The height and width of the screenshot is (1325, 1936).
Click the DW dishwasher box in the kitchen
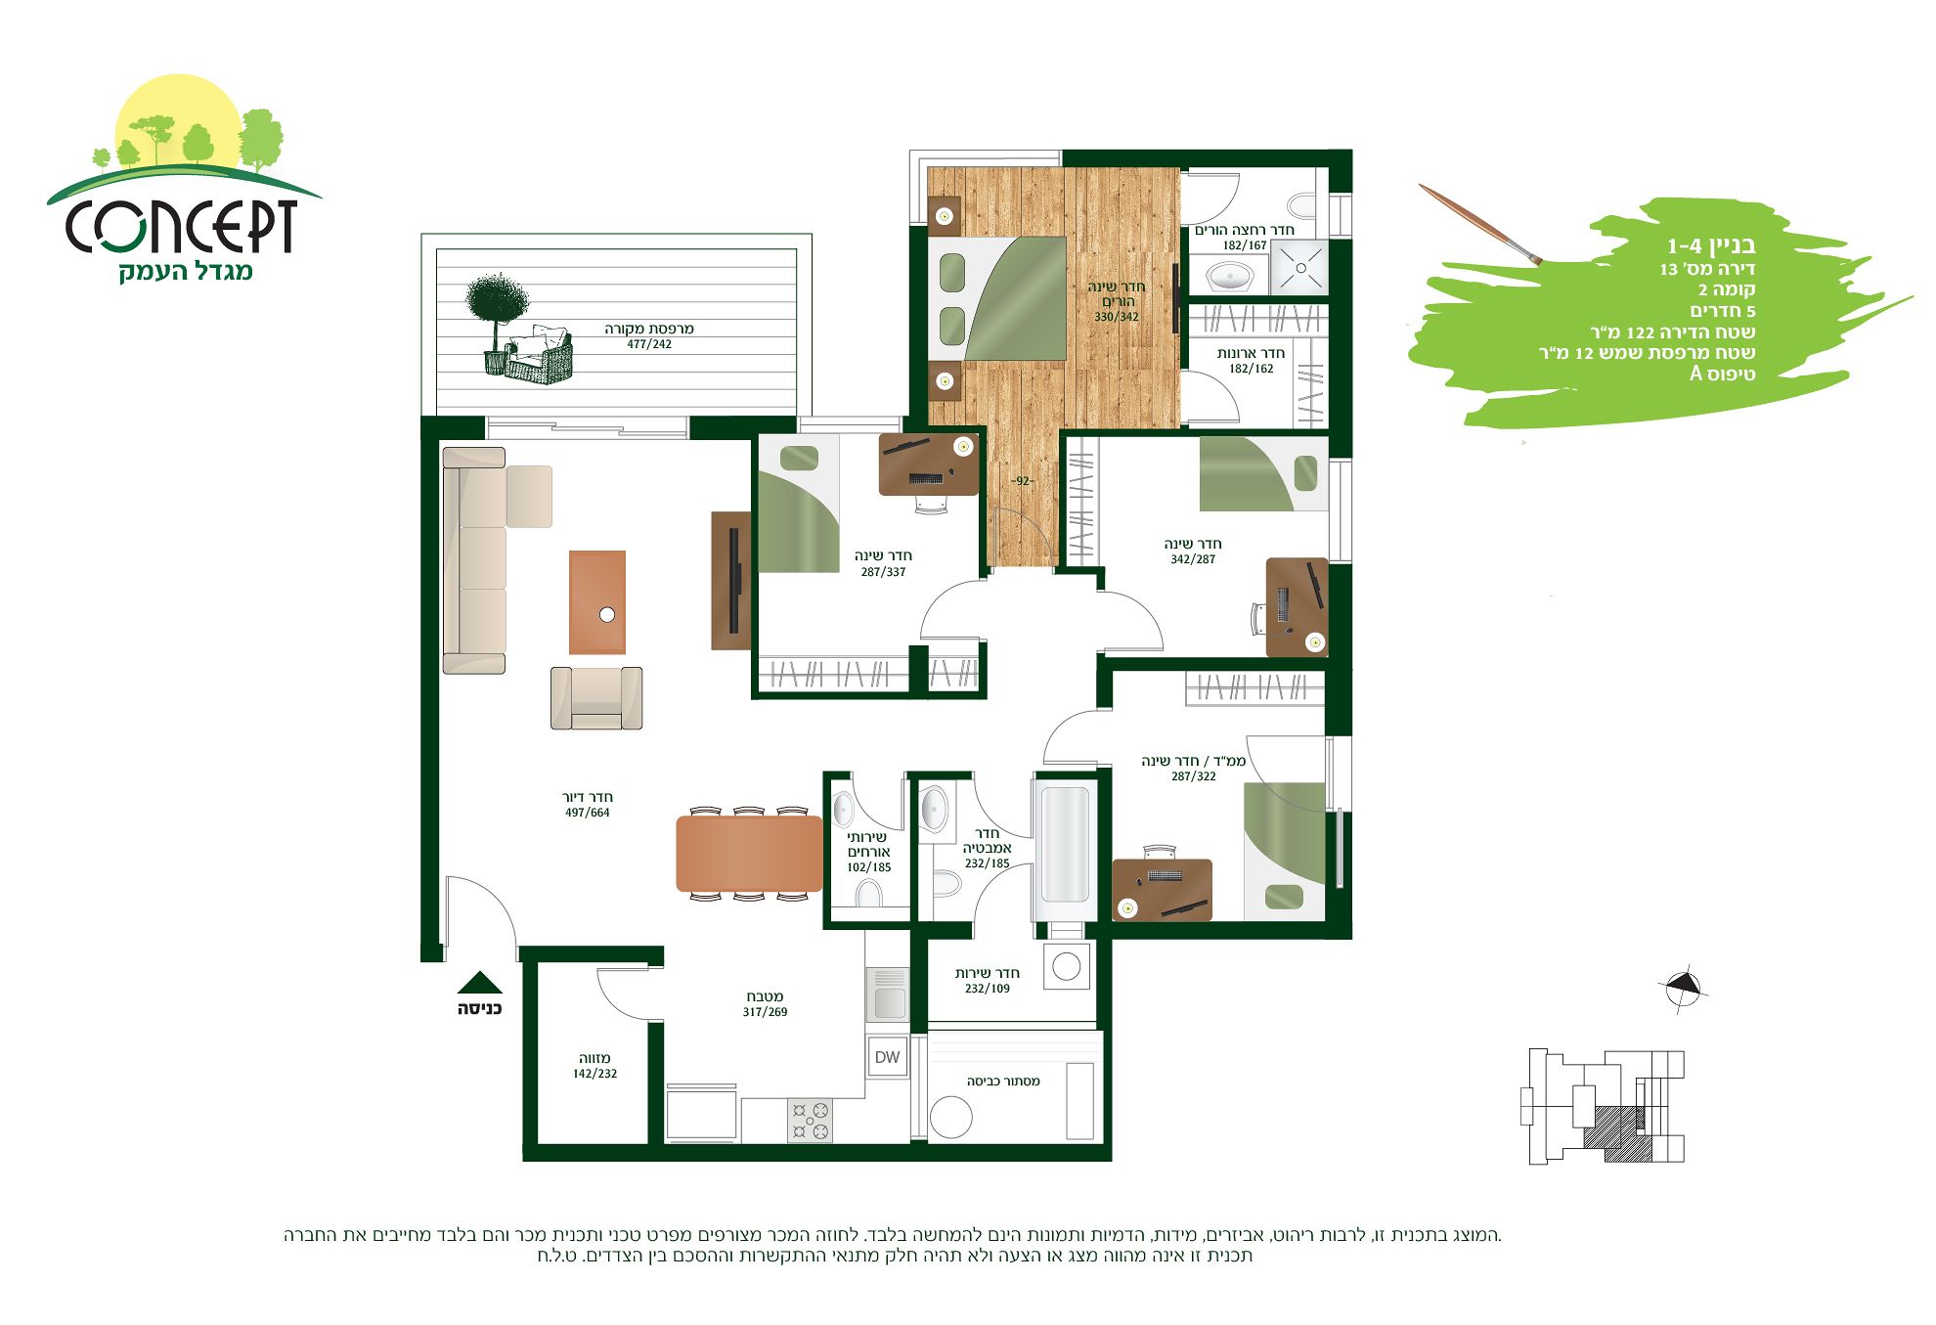click(x=888, y=1056)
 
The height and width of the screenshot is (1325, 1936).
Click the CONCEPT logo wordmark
click(x=182, y=226)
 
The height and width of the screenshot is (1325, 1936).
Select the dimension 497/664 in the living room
click(x=587, y=813)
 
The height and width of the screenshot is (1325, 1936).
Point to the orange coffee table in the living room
click(x=597, y=602)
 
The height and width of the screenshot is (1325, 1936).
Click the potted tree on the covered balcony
click(x=497, y=323)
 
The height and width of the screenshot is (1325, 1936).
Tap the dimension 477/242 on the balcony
click(x=649, y=344)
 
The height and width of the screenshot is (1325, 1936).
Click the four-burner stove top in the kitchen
click(x=811, y=1121)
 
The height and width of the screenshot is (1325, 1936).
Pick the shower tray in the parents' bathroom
click(x=1300, y=267)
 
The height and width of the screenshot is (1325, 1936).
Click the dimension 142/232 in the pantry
click(x=594, y=1074)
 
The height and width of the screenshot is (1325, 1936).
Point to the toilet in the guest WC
click(x=868, y=893)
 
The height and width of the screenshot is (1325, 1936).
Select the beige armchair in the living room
click(x=596, y=698)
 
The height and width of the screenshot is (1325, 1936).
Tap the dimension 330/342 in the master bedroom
click(x=1117, y=317)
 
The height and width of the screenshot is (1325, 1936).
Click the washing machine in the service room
click(x=1067, y=967)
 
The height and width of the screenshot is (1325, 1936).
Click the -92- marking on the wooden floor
click(x=1023, y=481)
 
